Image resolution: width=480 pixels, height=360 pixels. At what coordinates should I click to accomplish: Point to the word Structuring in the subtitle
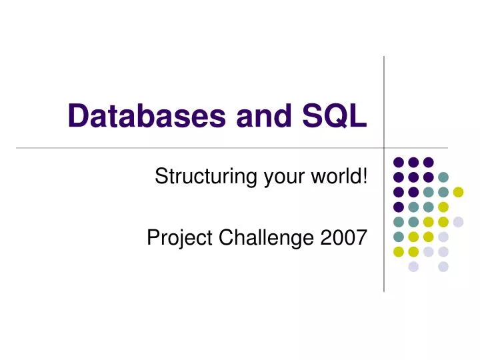197,177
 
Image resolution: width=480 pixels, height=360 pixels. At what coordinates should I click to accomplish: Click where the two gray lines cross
384,147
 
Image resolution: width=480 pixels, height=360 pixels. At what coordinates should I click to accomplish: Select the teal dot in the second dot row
443,177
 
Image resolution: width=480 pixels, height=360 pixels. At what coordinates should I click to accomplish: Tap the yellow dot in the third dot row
458,192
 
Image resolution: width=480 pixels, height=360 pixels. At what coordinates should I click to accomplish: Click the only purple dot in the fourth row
399,207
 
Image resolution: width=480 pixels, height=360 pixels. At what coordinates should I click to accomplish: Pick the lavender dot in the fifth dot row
458,221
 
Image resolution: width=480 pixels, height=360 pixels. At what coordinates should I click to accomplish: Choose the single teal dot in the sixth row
399,237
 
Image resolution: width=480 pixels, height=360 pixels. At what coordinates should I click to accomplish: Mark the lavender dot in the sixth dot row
443,237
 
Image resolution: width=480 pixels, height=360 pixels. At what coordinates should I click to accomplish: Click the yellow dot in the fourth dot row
443,207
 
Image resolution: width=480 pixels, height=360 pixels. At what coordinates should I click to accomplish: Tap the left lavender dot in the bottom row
413,267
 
